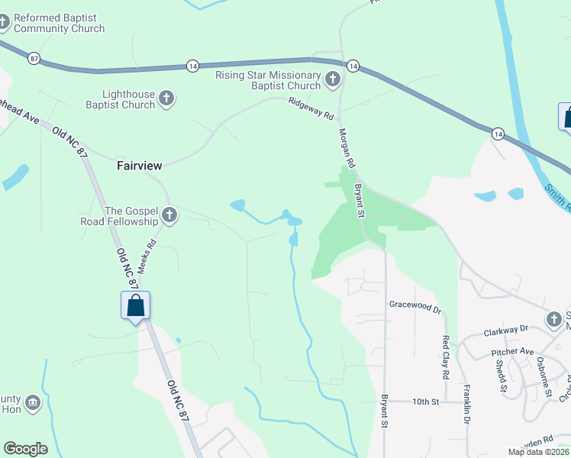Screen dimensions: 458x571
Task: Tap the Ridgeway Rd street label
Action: [311, 110]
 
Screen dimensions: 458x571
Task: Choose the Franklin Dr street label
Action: [466, 405]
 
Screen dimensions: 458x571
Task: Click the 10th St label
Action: [427, 402]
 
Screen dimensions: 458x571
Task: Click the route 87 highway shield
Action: [34, 57]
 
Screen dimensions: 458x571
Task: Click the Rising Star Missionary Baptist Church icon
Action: [332, 79]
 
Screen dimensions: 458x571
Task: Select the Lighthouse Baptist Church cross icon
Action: [167, 98]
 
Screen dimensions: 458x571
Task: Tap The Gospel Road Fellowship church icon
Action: [169, 216]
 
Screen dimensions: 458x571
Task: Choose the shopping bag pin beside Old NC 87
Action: [135, 305]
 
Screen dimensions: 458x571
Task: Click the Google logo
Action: [25, 449]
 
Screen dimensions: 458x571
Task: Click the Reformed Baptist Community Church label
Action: [59, 23]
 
